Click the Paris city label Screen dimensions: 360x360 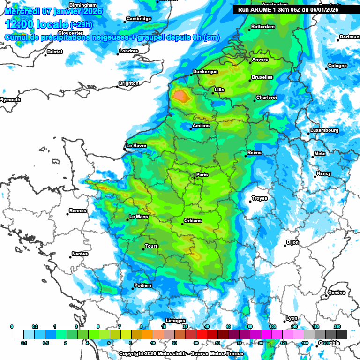(x=202, y=175)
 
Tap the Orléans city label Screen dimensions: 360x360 (x=193, y=220)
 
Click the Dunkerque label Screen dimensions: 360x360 (x=205, y=72)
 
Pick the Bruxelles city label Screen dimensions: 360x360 (x=262, y=77)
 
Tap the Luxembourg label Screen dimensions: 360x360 (x=324, y=130)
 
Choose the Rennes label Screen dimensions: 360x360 (x=78, y=211)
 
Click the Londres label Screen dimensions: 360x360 (x=129, y=51)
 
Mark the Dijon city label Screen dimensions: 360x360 (x=292, y=242)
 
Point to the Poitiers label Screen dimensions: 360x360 (x=143, y=285)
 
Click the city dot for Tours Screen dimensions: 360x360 (x=143, y=249)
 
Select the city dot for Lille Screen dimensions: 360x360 (x=212, y=92)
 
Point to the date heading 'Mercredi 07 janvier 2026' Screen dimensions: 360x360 (x=54, y=10)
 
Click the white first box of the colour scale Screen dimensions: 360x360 (x=18, y=334)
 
